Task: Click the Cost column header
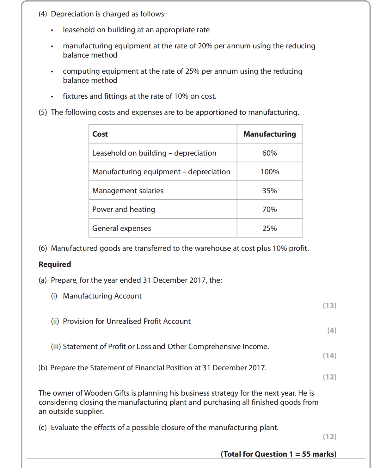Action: (100, 134)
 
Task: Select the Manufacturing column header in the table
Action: (270, 134)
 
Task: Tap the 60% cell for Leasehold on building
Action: (270, 153)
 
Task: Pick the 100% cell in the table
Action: (270, 172)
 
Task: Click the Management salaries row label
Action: (128, 191)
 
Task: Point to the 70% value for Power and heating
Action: (270, 209)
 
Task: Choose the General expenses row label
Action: (122, 228)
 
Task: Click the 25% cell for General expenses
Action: (270, 228)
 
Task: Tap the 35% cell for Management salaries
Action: (270, 191)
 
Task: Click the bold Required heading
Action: (55, 264)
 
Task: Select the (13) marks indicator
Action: (329, 305)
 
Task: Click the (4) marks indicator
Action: (332, 330)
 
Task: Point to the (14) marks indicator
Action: (329, 356)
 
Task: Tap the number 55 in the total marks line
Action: (306, 454)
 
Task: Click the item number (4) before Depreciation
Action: (43, 14)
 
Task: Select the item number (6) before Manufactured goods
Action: (43, 248)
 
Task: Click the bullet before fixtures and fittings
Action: (52, 97)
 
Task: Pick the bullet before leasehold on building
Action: (52, 30)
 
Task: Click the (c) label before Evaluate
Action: (43, 428)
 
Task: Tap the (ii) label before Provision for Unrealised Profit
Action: (55, 321)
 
